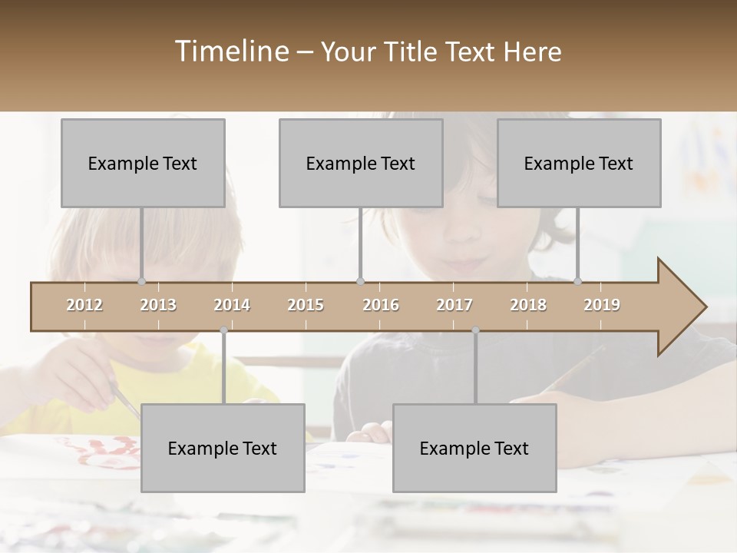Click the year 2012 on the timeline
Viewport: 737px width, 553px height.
(x=84, y=306)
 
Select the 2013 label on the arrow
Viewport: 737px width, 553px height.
(x=158, y=306)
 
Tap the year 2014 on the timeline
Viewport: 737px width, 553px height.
(x=232, y=306)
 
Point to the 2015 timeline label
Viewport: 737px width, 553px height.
(x=306, y=306)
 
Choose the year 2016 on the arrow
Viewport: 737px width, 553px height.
(x=381, y=306)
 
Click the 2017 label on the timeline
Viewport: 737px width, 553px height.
(x=454, y=306)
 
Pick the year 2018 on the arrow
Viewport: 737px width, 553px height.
(x=528, y=306)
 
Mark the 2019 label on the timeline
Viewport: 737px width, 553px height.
(x=602, y=306)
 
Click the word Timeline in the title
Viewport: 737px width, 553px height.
(x=230, y=51)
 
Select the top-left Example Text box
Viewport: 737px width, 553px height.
(x=143, y=164)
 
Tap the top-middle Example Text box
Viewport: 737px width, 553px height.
(x=361, y=164)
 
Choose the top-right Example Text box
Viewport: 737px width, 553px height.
(x=579, y=164)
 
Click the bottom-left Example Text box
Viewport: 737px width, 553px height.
(x=223, y=449)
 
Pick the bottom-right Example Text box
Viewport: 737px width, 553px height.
(x=474, y=449)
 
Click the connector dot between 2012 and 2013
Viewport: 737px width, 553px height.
(x=142, y=281)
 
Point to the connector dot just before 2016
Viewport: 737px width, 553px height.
(x=361, y=281)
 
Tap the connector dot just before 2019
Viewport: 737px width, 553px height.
(x=578, y=281)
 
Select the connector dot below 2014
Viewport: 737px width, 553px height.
(x=223, y=330)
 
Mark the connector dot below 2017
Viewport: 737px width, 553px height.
(x=475, y=330)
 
